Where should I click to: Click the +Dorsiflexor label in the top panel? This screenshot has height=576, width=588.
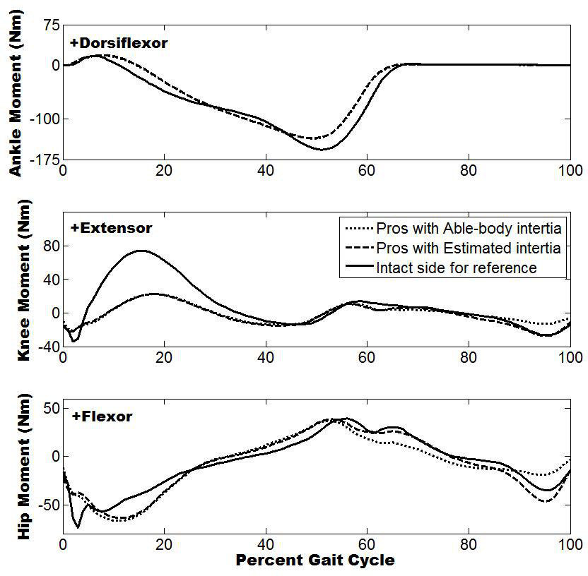pos(119,43)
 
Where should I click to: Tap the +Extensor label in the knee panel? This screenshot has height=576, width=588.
pos(112,228)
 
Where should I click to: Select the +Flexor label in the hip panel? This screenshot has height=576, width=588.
pos(102,416)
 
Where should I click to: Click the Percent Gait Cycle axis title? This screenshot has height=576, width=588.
pos(314,561)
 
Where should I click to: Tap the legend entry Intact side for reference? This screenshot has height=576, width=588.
pos(457,268)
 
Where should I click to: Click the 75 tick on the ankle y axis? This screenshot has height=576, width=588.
pos(50,27)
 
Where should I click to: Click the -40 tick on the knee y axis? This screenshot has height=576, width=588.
pos(47,347)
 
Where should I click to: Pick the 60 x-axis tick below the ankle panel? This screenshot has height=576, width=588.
pos(367,171)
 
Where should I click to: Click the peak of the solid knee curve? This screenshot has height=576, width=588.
pos(141,251)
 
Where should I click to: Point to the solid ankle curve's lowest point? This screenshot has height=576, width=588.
pos(322,150)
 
